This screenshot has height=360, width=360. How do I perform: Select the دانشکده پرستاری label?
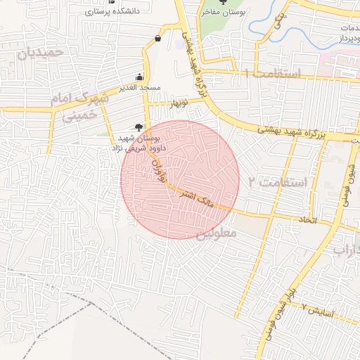111,12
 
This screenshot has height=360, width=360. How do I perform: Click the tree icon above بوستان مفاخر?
224,2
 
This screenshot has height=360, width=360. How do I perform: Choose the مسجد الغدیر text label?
141,88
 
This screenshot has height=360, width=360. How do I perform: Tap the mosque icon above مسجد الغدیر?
141,77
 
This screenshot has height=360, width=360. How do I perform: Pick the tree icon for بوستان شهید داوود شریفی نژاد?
139,127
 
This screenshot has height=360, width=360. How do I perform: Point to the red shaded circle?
180,180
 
